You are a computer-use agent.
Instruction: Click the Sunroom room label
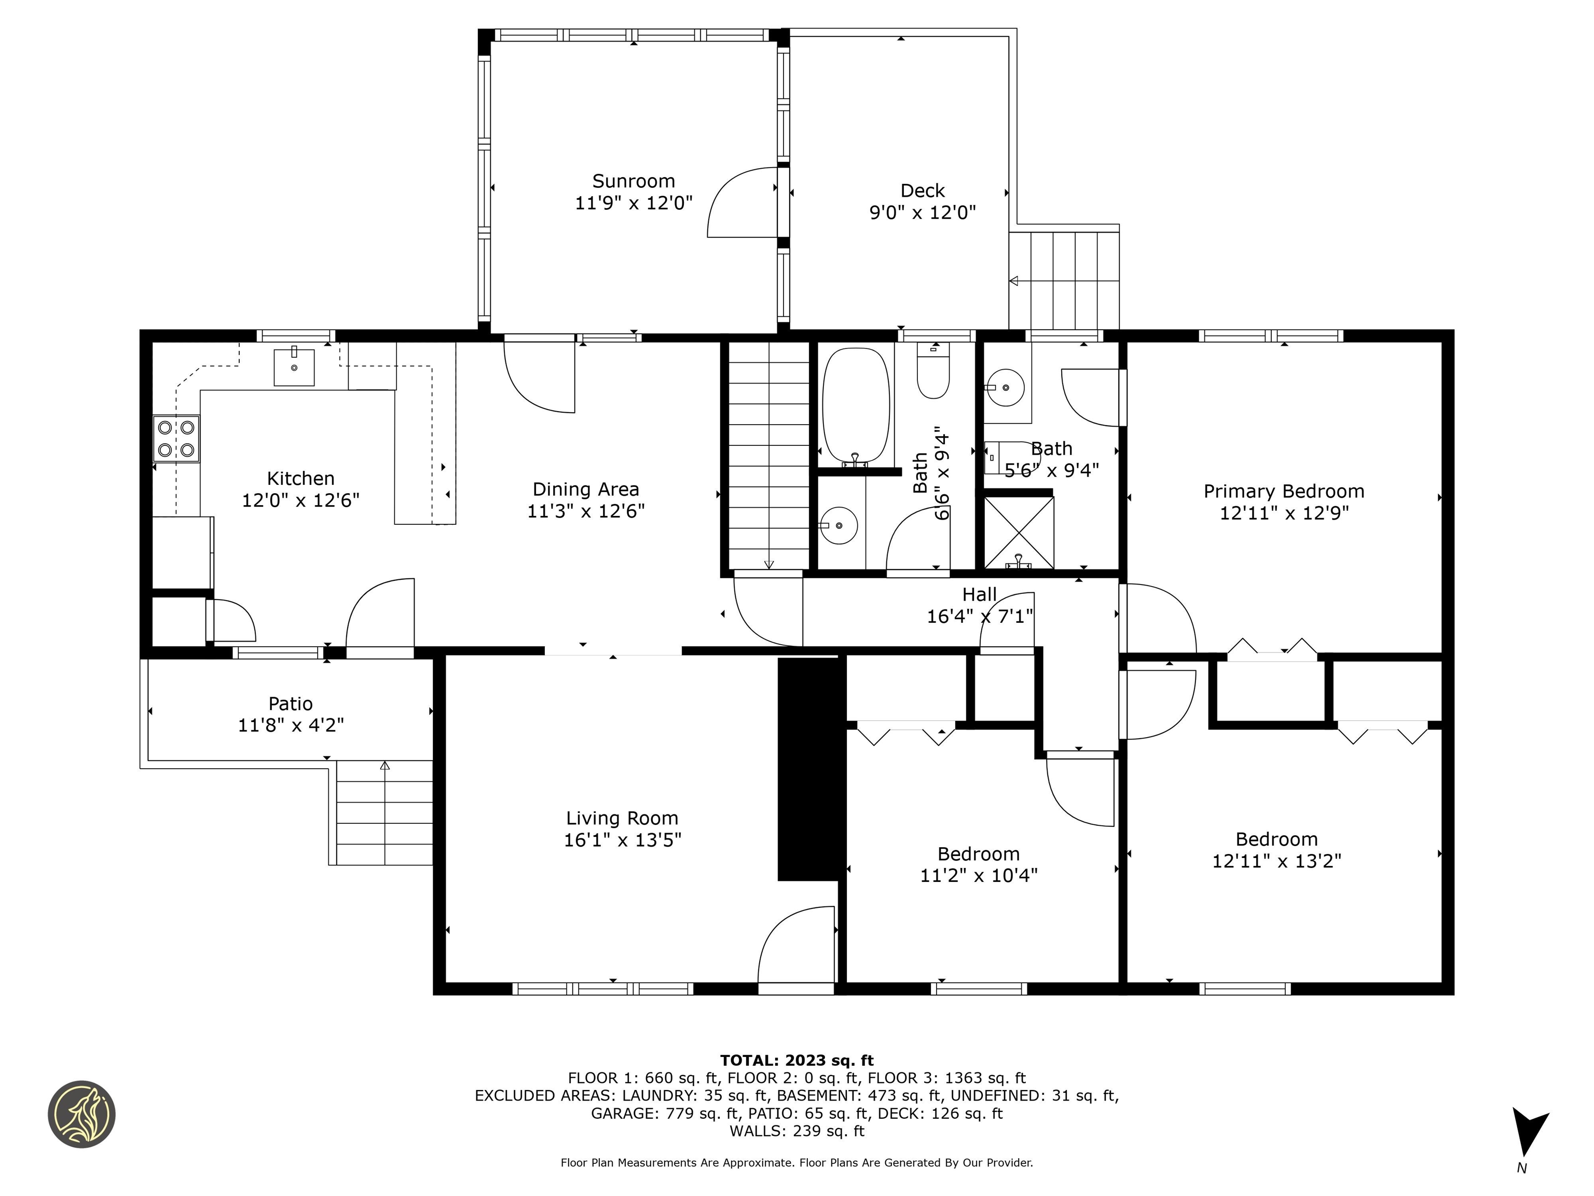point(634,181)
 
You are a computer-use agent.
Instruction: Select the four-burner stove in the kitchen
point(176,439)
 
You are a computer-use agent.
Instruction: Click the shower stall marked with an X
point(1018,532)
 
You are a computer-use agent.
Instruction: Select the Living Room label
point(622,818)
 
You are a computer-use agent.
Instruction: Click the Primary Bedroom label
point(1283,492)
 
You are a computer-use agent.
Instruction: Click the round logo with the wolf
point(81,1114)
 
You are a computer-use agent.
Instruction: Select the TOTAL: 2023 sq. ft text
point(796,1061)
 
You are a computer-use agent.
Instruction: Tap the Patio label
point(291,703)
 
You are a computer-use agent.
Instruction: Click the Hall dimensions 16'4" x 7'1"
point(979,616)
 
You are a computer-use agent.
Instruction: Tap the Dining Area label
point(585,490)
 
